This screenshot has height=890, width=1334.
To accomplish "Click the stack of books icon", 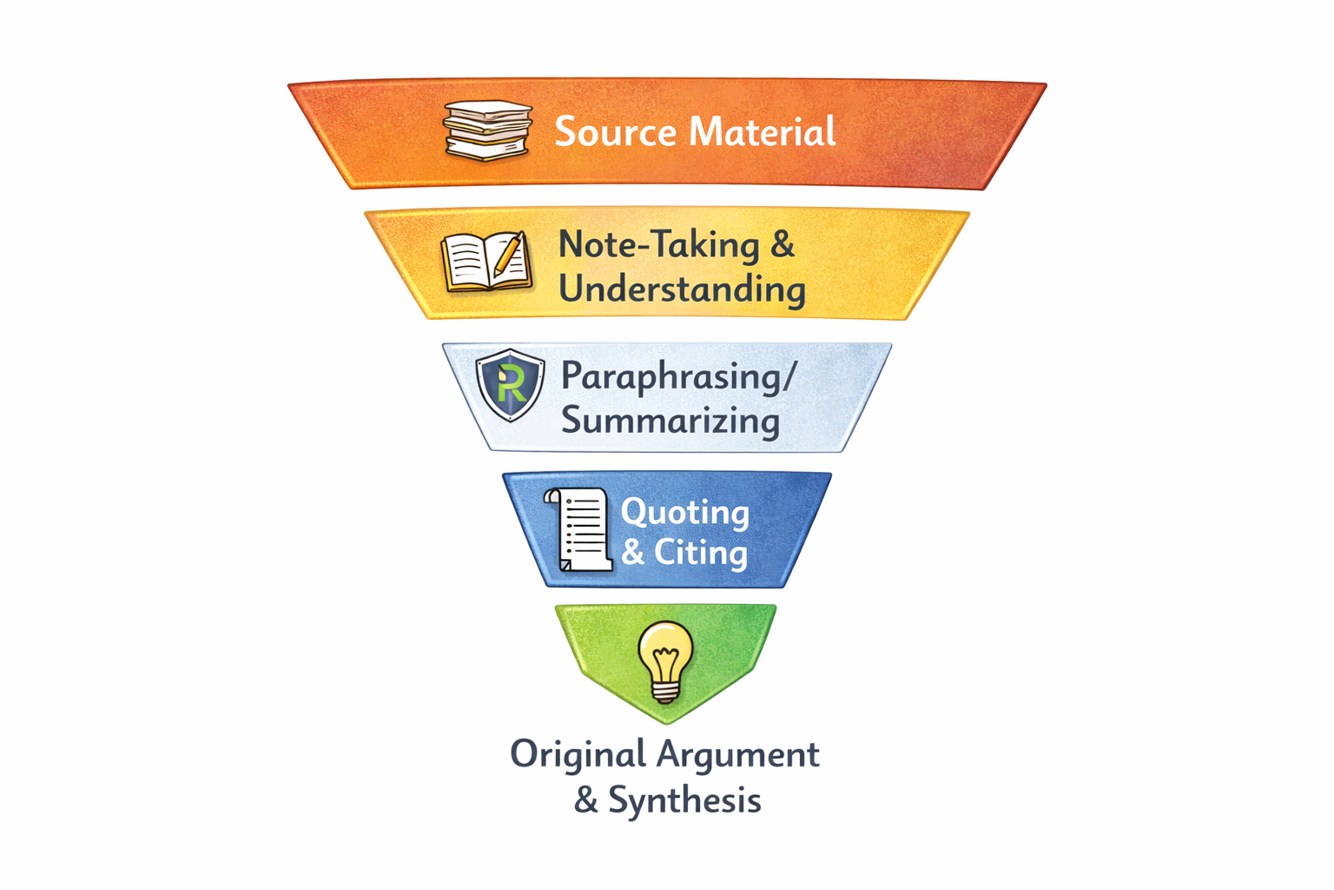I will [486, 130].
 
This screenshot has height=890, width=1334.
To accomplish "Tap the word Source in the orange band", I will [615, 132].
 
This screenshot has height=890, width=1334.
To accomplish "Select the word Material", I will [763, 132].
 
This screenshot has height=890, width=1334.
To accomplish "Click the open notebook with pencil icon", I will [485, 261].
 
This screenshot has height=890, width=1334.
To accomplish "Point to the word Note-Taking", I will [658, 245].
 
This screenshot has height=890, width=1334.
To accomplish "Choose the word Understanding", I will [682, 289].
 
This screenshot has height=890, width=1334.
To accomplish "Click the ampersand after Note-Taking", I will [783, 244].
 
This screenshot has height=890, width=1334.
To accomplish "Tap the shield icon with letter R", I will [511, 384].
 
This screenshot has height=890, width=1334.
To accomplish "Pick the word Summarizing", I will [670, 421].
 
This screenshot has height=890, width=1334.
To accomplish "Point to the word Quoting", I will [684, 513].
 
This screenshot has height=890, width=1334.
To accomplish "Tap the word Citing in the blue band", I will [700, 553].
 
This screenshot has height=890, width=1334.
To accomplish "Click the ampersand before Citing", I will [633, 552].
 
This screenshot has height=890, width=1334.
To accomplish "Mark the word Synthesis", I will [684, 800].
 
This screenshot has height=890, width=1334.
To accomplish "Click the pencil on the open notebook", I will [509, 255].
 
